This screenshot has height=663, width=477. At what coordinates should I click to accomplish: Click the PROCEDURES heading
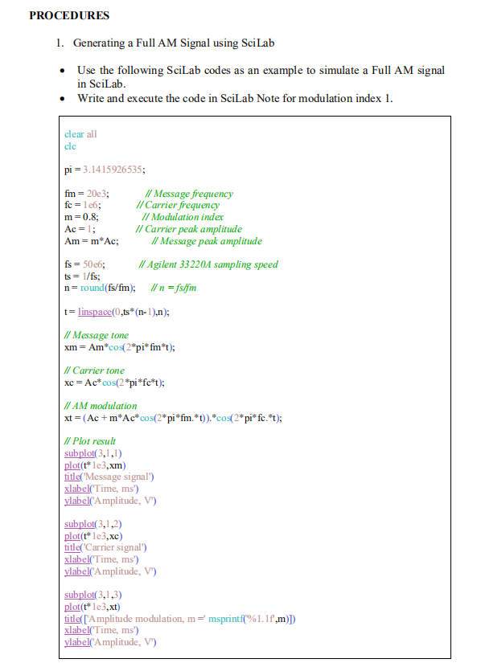click(69, 15)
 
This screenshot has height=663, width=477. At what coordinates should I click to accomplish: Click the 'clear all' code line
click(80, 134)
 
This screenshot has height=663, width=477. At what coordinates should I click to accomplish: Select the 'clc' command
click(70, 145)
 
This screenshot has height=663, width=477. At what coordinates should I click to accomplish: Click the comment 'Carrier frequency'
click(183, 206)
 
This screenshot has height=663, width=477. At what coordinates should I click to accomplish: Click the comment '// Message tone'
click(96, 335)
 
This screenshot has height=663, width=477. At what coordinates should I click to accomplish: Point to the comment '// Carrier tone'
click(94, 370)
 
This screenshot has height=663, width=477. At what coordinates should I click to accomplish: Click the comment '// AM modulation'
click(101, 406)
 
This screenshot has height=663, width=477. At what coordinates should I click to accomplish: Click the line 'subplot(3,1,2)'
click(93, 523)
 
